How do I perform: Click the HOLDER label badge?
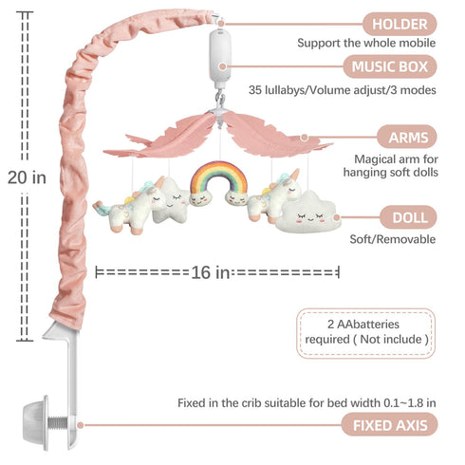[400, 24]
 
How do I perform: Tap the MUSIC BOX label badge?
[390, 66]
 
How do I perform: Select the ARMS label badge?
[407, 138]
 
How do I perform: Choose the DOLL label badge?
[409, 217]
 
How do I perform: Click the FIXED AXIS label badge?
[389, 425]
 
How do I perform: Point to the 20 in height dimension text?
[27, 177]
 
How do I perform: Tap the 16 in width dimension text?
[210, 272]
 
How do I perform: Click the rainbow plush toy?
[218, 184]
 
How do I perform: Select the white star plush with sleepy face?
[172, 200]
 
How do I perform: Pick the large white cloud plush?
[307, 213]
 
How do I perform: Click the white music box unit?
[219, 58]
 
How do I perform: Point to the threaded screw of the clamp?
[58, 422]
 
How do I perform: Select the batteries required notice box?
[365, 333]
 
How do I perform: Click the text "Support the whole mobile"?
[366, 43]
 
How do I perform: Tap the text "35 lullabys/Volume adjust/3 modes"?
[342, 90]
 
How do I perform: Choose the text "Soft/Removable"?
[392, 239]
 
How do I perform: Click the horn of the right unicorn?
[295, 175]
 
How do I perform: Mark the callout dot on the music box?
[223, 66]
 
